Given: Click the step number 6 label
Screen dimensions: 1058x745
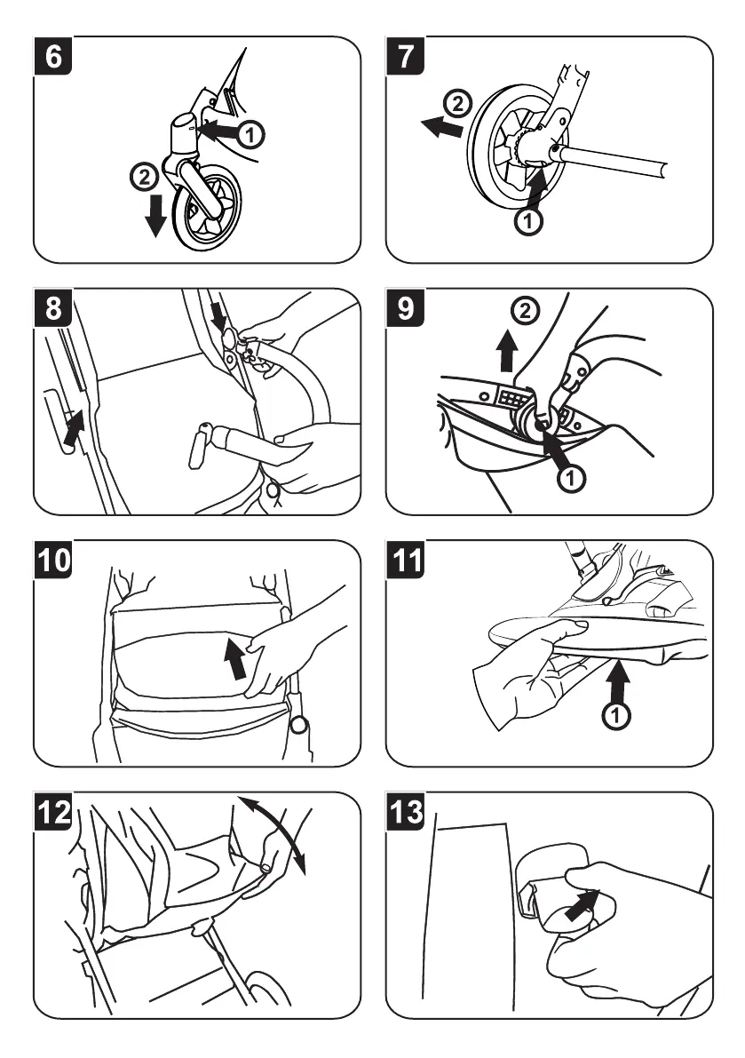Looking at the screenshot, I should [x=52, y=57].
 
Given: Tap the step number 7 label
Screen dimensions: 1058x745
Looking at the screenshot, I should [x=406, y=57].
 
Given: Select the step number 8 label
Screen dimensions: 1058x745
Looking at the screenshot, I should [x=52, y=308].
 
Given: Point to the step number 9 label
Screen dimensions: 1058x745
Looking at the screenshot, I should [x=406, y=308].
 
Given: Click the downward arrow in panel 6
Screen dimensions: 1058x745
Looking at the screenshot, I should [x=155, y=216].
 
